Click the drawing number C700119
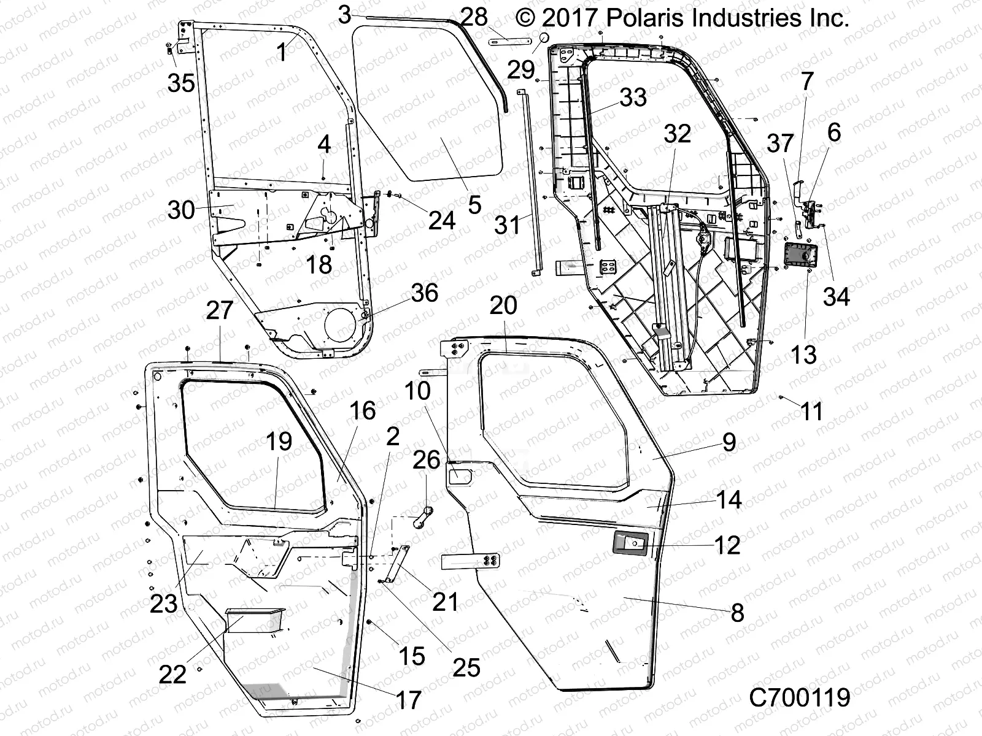pyautogui.click(x=799, y=697)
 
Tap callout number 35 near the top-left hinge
pyautogui.click(x=182, y=83)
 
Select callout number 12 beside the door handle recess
pyautogui.click(x=727, y=544)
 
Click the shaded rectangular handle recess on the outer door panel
pyautogui.click(x=630, y=543)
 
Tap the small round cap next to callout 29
pyautogui.click(x=543, y=38)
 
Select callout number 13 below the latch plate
pyautogui.click(x=804, y=354)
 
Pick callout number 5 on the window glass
pyautogui.click(x=474, y=205)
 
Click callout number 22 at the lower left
pyautogui.click(x=172, y=675)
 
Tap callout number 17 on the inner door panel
pyautogui.click(x=409, y=699)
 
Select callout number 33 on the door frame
pyautogui.click(x=633, y=97)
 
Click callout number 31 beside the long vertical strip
pyautogui.click(x=508, y=225)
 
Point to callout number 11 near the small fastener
pyautogui.click(x=811, y=411)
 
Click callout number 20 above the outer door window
pyautogui.click(x=503, y=305)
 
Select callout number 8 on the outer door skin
pyautogui.click(x=737, y=612)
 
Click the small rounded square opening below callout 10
pyautogui.click(x=462, y=475)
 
